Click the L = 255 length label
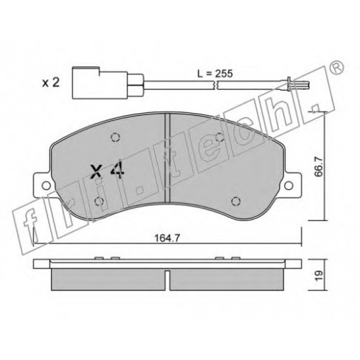[x=215, y=73]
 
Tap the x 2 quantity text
[x=50, y=83]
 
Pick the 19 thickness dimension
[x=319, y=276]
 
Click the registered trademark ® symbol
[x=337, y=68]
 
